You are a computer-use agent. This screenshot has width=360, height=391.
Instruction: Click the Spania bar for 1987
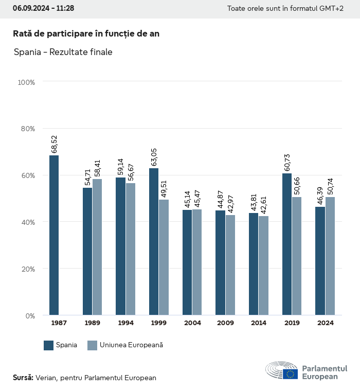pos(54,235)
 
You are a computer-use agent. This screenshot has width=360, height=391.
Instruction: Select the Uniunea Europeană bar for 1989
pos(97,247)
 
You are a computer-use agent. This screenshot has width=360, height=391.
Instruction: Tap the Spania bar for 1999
pos(154,242)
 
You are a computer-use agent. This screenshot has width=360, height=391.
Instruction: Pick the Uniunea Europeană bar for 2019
pos(297,256)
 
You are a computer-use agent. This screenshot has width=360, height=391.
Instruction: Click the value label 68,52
pos(54,145)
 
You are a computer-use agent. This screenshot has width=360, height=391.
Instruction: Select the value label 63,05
pos(154,157)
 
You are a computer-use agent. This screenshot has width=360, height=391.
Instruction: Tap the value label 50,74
pos(330,186)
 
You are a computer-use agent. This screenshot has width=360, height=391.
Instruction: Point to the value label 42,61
pos(263,205)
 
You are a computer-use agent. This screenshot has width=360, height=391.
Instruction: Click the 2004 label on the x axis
pos(192,323)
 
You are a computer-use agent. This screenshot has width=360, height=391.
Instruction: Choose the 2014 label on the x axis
pos(259,323)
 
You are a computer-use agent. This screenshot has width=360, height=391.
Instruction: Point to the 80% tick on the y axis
pos(26,129)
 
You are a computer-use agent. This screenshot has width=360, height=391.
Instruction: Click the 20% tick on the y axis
pos(26,269)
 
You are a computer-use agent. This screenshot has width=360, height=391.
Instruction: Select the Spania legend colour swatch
pos(49,345)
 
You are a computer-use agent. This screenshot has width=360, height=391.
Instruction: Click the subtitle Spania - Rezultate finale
pos(63,52)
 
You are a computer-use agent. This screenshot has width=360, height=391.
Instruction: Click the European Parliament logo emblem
pos(281,370)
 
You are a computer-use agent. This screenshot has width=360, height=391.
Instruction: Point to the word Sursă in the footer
pos(23,378)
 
